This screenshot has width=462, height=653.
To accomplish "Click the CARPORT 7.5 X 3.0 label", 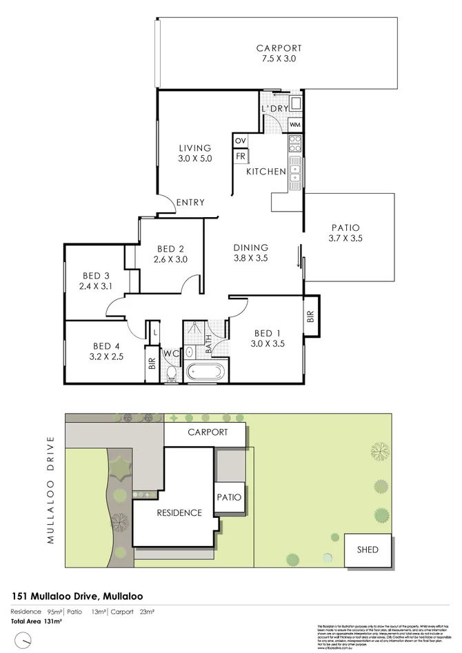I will [x=279, y=54].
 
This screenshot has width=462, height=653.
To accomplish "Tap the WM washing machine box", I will [x=294, y=125].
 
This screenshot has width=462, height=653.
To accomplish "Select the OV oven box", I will [x=241, y=141].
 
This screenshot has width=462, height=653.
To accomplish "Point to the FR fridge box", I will [x=241, y=157].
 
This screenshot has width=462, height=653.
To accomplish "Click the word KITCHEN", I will [x=266, y=171].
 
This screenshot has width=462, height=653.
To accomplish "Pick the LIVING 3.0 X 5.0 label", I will [x=194, y=153].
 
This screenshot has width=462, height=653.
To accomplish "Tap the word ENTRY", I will [x=190, y=202].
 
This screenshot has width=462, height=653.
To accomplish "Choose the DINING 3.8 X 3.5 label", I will [x=250, y=253].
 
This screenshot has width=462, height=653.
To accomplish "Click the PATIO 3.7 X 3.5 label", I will [x=346, y=233].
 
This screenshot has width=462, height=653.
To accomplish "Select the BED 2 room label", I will [x=170, y=254].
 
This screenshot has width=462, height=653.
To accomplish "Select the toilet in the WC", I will [x=170, y=374].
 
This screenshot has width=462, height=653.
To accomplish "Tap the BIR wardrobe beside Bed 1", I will [x=311, y=317].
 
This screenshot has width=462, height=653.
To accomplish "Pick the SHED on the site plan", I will [x=370, y=550].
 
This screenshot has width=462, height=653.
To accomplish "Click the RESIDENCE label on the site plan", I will [x=179, y=512].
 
